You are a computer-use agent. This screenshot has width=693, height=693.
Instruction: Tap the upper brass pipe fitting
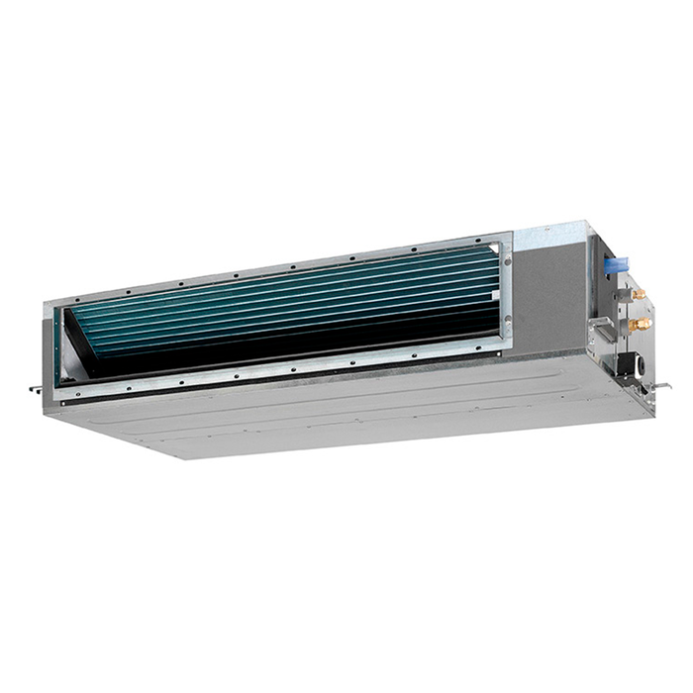point(639,294)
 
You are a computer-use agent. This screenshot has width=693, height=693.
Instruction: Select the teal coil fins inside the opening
point(297,302)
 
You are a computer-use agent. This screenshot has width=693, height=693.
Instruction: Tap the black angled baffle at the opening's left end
point(79,342)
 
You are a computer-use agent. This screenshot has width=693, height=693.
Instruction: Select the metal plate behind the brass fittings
point(619,312)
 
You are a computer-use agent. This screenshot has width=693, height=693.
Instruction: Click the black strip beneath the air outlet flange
point(297,381)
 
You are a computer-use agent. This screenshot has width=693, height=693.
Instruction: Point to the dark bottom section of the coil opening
point(297,351)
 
